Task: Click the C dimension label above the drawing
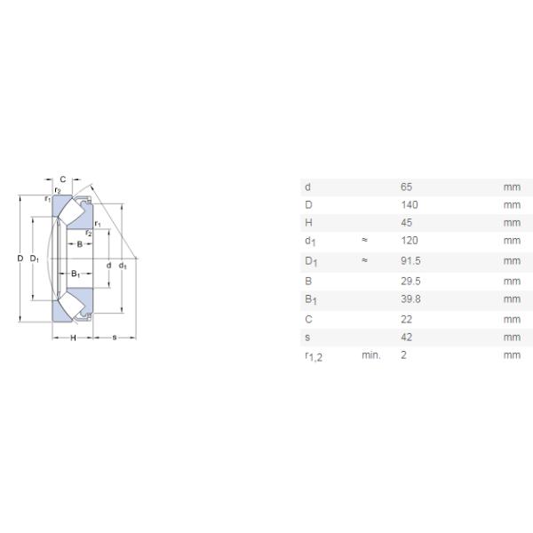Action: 62,179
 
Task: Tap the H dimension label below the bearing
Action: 74,338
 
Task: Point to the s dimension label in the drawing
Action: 115,338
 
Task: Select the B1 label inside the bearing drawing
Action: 76,274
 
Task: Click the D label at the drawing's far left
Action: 20,259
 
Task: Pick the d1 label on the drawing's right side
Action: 123,266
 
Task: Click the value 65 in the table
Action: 407,187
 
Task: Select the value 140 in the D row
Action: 409,205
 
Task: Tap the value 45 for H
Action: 407,223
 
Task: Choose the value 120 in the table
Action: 409,241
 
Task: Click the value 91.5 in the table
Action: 410,261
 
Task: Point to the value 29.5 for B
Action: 410,281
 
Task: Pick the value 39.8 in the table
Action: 410,299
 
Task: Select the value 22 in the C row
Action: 407,319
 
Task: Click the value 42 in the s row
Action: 407,338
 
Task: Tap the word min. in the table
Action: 370,355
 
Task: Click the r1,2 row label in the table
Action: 312,357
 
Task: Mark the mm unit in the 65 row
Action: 511,187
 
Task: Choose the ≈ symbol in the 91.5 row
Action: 364,261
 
